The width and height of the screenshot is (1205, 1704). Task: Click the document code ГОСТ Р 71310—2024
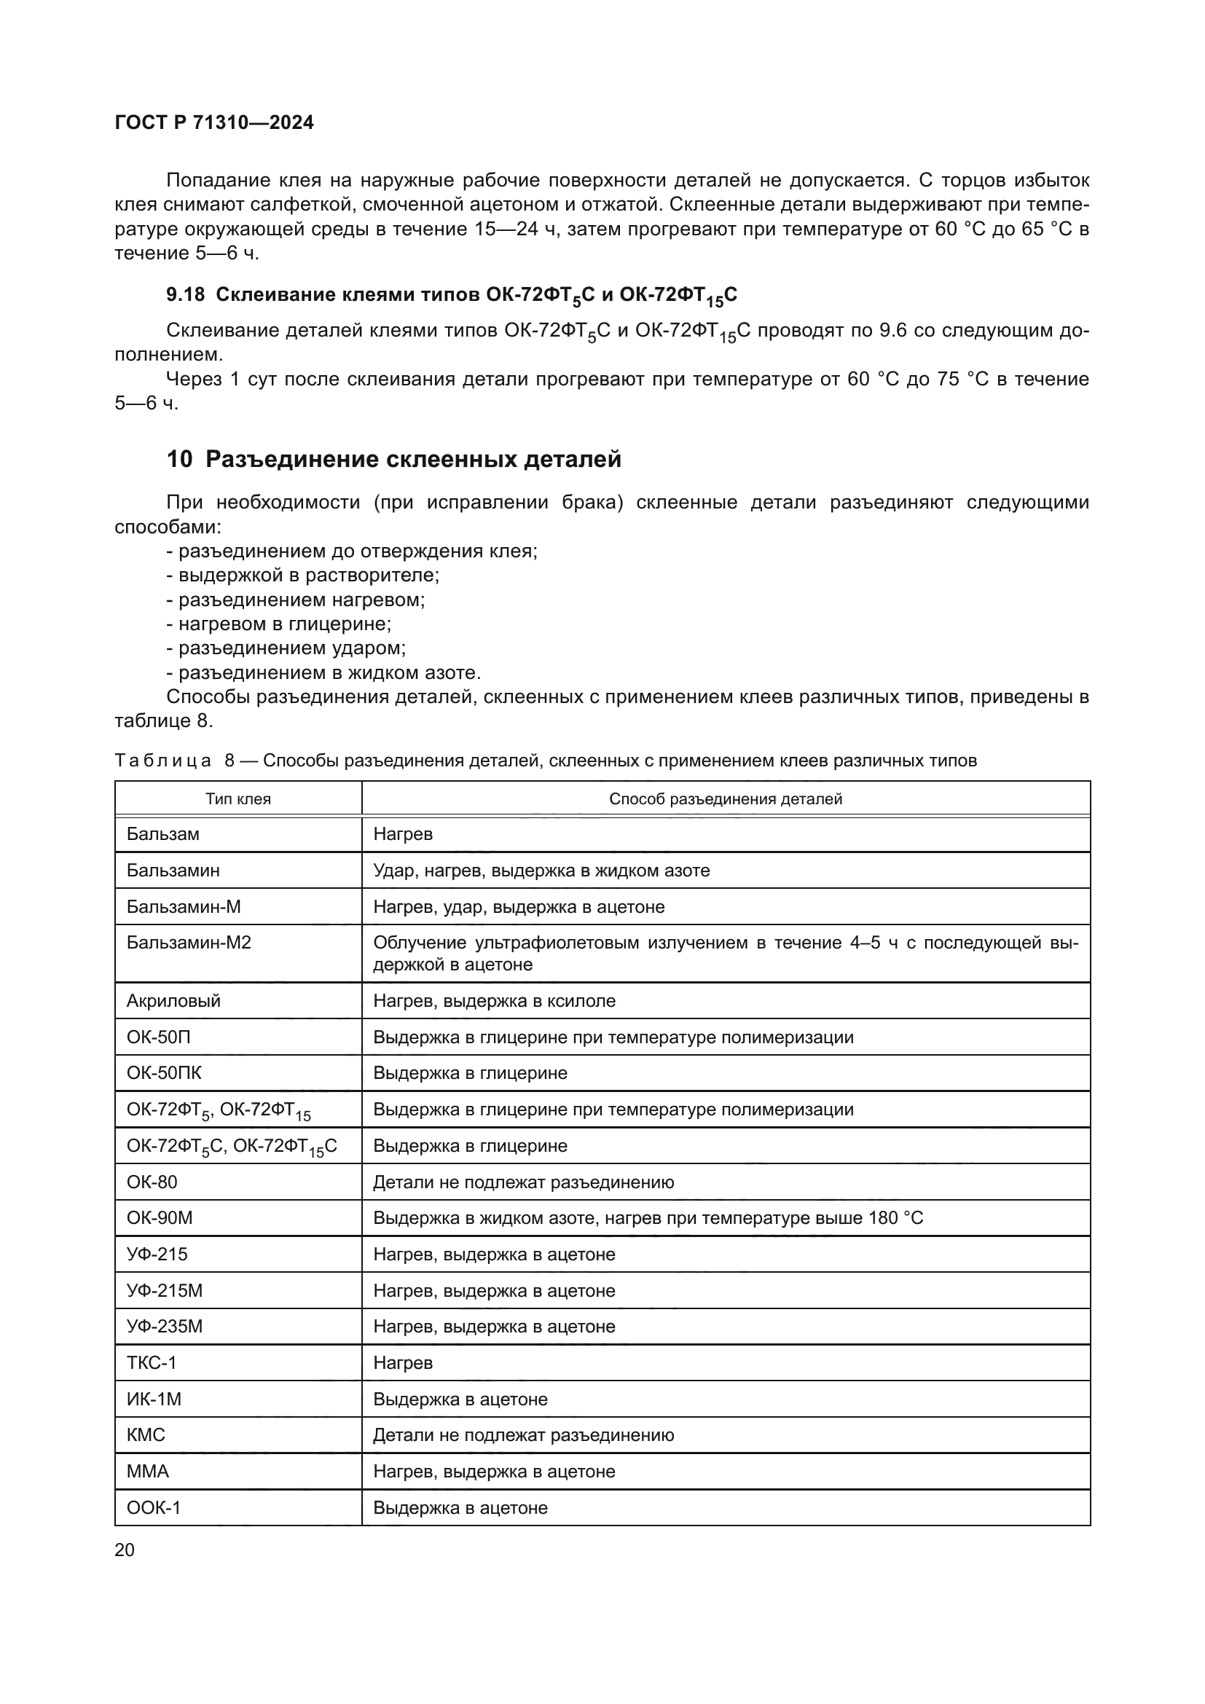(x=214, y=122)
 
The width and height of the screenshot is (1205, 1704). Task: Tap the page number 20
(x=125, y=1550)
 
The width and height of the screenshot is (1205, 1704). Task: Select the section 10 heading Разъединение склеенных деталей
(x=393, y=460)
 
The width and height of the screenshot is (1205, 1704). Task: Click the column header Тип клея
(x=238, y=799)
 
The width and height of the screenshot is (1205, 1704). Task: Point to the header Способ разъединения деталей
(x=725, y=799)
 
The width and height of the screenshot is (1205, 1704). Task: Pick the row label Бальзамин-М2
(x=189, y=943)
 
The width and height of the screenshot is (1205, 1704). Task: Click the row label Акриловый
(x=173, y=1000)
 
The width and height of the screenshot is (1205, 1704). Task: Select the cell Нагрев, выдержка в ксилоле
(x=494, y=1000)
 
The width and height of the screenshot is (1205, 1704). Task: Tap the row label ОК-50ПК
(x=164, y=1073)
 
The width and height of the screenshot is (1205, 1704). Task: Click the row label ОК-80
(x=152, y=1182)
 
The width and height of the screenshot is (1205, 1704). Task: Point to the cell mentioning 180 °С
(x=648, y=1218)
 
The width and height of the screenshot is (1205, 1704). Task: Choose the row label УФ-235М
(x=164, y=1326)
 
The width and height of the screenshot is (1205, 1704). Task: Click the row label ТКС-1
(x=152, y=1362)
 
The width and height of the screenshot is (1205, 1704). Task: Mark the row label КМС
(x=146, y=1434)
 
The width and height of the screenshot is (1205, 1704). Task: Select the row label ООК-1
(x=154, y=1507)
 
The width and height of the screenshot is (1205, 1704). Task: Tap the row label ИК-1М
(x=154, y=1399)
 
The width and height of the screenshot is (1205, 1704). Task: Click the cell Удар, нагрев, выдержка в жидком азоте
(x=541, y=871)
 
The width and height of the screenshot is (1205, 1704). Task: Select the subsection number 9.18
(x=185, y=294)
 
